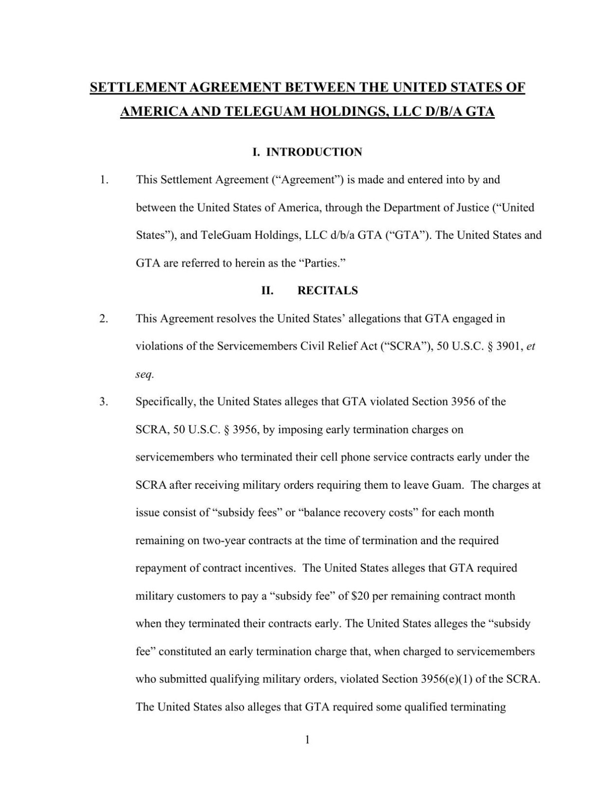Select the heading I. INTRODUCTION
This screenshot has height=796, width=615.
pos(307,152)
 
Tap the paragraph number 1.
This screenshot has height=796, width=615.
pos(104,180)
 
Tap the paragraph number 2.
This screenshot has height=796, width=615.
pos(104,319)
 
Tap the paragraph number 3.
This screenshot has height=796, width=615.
pos(104,402)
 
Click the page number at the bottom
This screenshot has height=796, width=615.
pos(307,740)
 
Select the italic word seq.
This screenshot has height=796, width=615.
pos(144,374)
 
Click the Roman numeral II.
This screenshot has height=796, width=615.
pos(267,291)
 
